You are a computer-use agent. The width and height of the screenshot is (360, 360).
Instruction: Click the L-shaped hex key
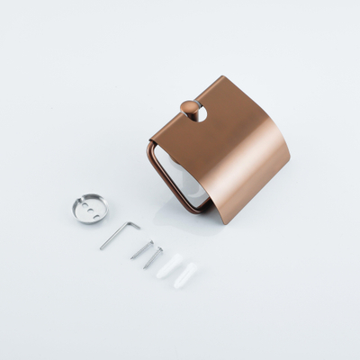118,234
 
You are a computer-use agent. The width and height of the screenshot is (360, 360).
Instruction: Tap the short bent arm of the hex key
134,224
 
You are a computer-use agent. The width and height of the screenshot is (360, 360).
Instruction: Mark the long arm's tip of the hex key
102,247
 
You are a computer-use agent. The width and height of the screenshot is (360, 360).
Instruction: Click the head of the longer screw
150,241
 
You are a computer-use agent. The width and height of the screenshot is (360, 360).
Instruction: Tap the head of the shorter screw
160,249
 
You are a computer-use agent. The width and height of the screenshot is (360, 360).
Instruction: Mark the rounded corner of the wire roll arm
150,148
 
